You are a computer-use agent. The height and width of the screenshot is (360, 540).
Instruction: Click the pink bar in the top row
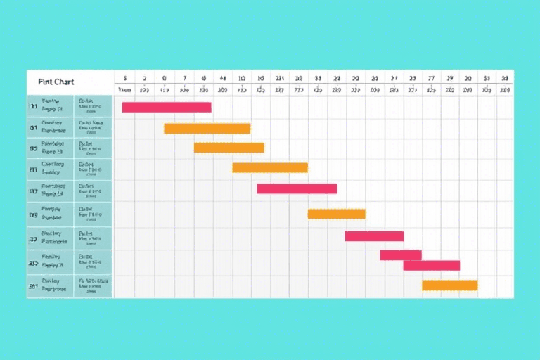click(x=167, y=107)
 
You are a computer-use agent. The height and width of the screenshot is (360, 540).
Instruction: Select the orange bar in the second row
click(x=207, y=129)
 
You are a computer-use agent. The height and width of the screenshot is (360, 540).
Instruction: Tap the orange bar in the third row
click(x=229, y=148)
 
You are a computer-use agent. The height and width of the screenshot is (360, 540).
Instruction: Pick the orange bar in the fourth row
click(x=270, y=167)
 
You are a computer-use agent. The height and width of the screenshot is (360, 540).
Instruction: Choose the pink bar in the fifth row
click(x=297, y=188)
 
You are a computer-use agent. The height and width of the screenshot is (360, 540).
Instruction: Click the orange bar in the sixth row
click(x=336, y=214)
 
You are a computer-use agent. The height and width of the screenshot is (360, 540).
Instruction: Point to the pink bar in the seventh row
click(x=374, y=236)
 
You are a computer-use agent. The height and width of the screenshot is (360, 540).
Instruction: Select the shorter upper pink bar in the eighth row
click(x=401, y=255)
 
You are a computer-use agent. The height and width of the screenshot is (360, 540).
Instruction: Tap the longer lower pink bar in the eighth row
click(x=431, y=265)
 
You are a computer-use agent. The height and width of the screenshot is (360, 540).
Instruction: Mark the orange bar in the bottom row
click(x=449, y=285)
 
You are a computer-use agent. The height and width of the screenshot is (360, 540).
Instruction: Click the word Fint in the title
click(x=46, y=82)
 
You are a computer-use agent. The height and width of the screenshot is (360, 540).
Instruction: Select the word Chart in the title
click(x=64, y=82)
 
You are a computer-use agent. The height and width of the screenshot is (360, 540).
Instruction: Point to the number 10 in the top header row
click(x=242, y=78)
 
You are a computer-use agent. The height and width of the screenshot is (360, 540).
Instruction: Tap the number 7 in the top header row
click(x=184, y=78)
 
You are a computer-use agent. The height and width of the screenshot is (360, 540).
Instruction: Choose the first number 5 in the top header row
click(x=124, y=78)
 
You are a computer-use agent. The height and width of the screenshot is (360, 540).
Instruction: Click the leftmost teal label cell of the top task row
click(x=33, y=107)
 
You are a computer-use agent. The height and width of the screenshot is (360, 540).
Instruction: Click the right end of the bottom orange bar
click(x=475, y=285)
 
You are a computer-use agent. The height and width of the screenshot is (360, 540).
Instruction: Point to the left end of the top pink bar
click(x=124, y=107)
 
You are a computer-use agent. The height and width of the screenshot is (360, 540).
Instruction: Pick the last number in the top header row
click(x=504, y=78)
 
